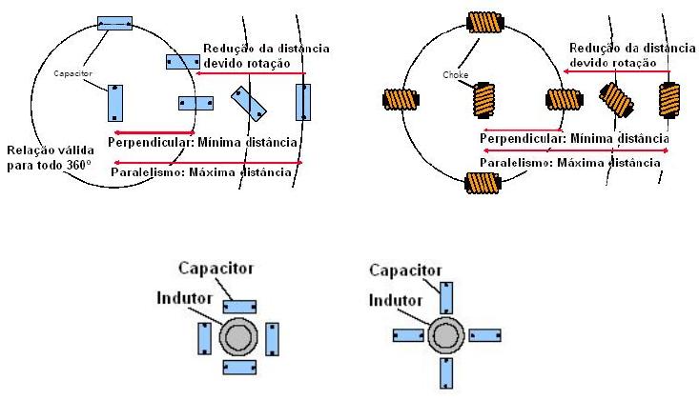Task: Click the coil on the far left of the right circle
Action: [399, 99]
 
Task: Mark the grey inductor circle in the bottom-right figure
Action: [445, 336]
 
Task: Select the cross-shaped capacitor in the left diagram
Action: [195, 102]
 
